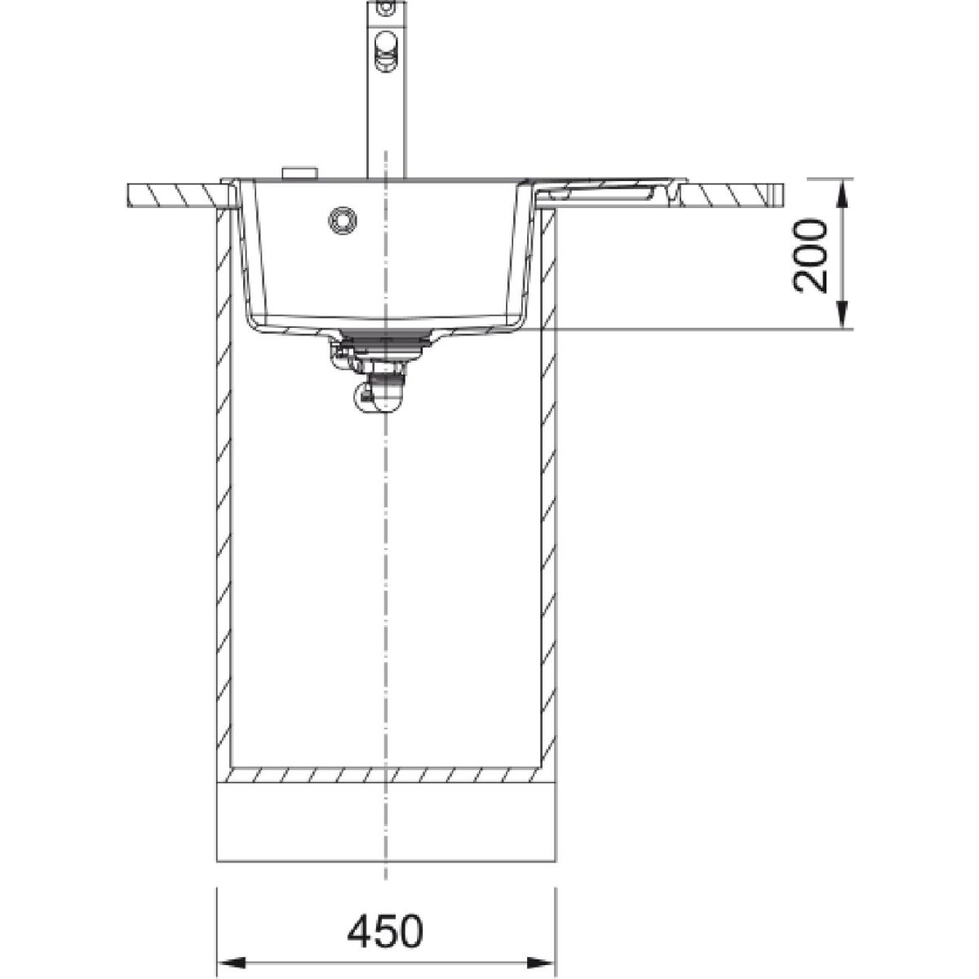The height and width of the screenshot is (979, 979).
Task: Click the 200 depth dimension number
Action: (x=810, y=255)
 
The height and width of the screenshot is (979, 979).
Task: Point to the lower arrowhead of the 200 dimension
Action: (x=842, y=314)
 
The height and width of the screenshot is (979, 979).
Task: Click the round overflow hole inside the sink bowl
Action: (x=343, y=220)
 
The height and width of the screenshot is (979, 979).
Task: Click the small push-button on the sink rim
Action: (x=299, y=172)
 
